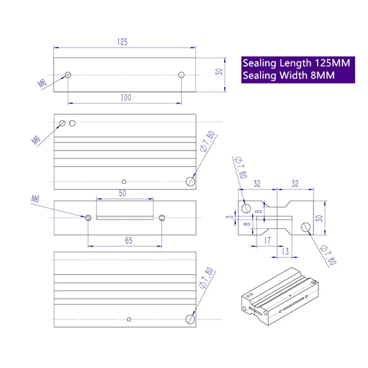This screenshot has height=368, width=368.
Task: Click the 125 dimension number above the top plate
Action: pos(123,42)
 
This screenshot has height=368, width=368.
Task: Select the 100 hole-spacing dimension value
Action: pos(125,98)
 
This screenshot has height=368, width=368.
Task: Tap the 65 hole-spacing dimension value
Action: pos(128,241)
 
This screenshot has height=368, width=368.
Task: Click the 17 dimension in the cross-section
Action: pos(268,241)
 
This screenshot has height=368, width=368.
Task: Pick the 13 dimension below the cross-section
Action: pos(285,251)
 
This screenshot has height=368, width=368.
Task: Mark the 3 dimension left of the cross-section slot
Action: pos(230,217)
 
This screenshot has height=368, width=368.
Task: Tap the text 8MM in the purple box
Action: pos(322,75)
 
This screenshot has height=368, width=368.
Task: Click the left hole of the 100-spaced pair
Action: pos(68,75)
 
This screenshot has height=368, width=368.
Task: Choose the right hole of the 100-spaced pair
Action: pos(181,75)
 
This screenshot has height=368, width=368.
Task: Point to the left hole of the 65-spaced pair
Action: pos(88,217)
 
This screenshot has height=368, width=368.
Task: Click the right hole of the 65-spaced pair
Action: pos(162,217)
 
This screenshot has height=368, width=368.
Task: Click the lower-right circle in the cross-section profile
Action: pos(306,228)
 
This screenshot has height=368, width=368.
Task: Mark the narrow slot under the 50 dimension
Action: pos(125,217)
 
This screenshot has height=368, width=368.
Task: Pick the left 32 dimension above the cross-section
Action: pos(257,184)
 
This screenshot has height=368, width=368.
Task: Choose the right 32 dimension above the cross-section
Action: pos(295,184)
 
